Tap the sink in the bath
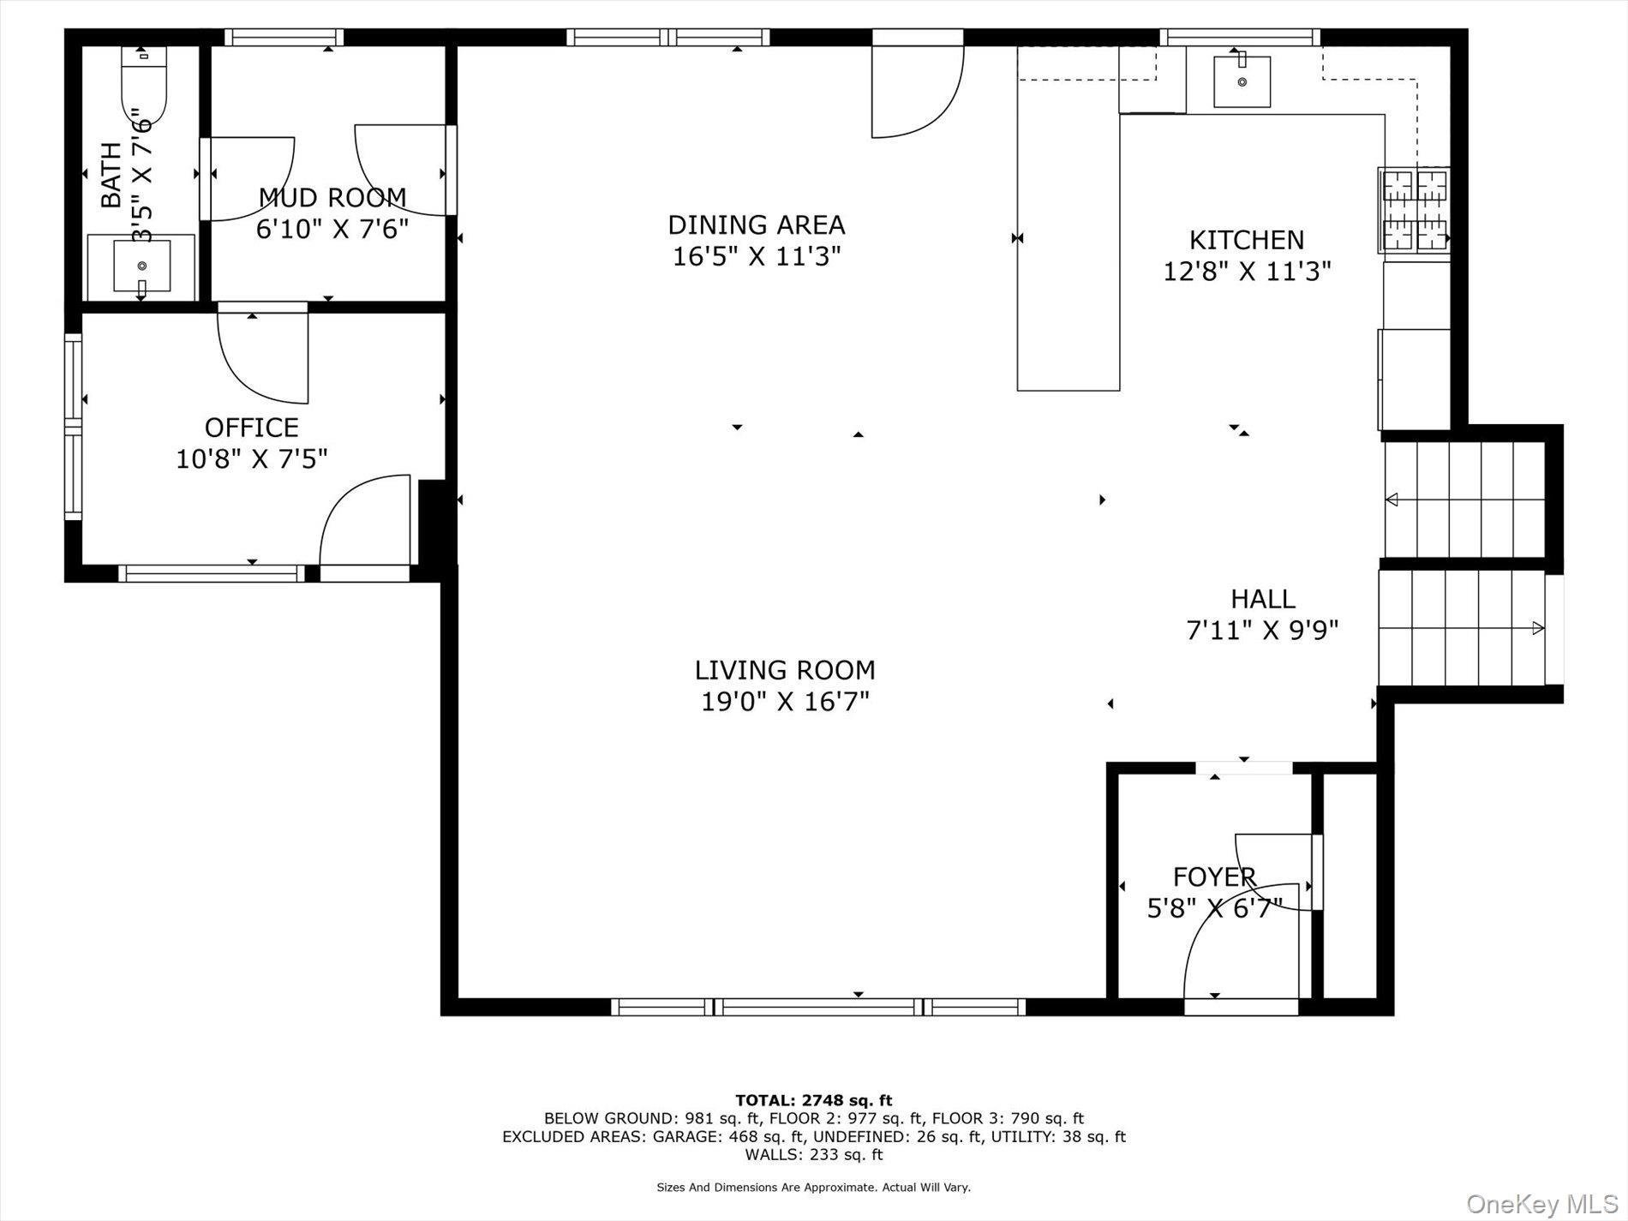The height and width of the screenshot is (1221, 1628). [142, 266]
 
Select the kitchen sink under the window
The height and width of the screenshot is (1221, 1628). [1242, 81]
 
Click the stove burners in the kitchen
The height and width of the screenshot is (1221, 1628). [1413, 211]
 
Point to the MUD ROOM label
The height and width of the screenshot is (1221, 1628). [332, 198]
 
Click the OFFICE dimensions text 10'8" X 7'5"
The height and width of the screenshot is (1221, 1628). [252, 459]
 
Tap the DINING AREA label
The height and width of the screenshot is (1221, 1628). [757, 225]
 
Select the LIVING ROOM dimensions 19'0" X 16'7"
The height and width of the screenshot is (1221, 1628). [785, 702]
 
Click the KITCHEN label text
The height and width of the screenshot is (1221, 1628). [1246, 240]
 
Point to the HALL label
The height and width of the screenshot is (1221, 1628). [1262, 599]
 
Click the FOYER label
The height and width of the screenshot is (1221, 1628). [1214, 877]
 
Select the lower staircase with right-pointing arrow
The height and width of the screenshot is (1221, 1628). [1461, 629]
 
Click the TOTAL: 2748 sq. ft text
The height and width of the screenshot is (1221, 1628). [813, 1100]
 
